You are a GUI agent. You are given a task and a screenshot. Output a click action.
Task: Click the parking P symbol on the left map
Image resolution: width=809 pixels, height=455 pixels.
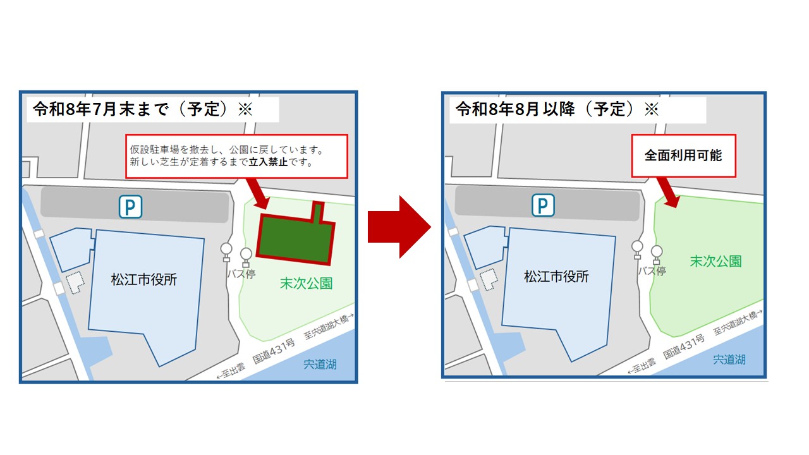[x=131, y=207]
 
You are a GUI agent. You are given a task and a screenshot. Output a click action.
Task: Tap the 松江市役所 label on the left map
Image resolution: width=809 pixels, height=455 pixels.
[x=144, y=279]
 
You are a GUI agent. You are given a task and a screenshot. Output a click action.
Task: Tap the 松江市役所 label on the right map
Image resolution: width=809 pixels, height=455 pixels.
[x=556, y=276]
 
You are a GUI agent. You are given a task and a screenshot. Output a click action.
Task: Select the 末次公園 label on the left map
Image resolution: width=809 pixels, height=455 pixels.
[x=306, y=283]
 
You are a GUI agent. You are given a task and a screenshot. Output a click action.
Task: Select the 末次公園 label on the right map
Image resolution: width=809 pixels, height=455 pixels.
[x=715, y=261]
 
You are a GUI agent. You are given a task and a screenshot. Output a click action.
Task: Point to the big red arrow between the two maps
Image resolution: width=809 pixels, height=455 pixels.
[x=398, y=226]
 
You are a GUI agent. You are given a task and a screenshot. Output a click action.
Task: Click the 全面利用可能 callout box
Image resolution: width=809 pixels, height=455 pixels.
[x=683, y=155]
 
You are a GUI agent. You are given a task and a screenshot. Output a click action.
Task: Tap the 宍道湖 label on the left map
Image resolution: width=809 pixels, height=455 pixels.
[x=320, y=365]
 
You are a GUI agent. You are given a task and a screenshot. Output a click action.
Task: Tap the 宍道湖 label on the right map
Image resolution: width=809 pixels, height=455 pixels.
[x=729, y=360]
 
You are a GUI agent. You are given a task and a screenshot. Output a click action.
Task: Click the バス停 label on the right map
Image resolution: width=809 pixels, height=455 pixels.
[x=652, y=271]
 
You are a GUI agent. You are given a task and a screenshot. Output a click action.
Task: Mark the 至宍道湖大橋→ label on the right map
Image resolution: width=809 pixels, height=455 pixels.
[x=736, y=322]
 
